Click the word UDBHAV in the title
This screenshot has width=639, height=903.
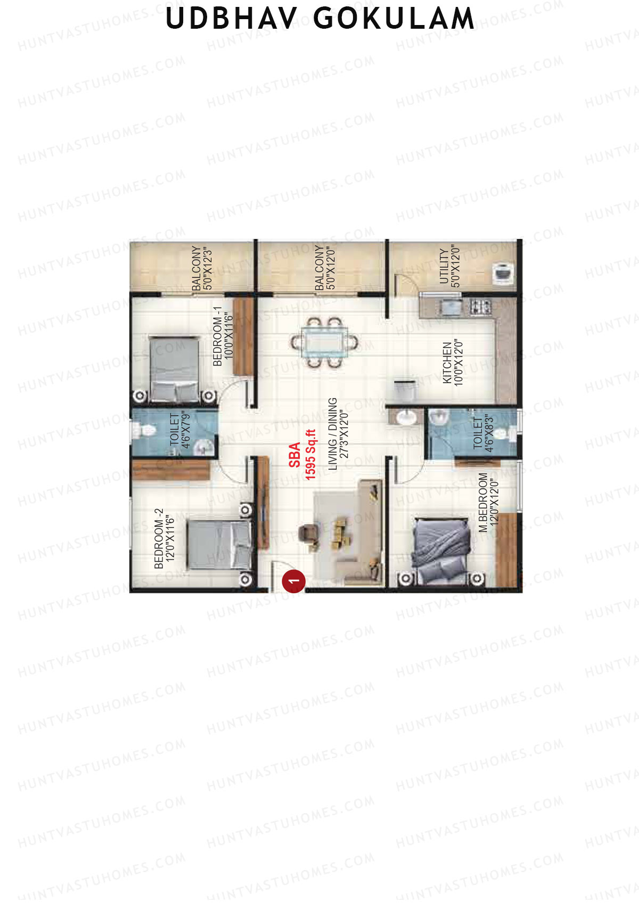tap(232, 18)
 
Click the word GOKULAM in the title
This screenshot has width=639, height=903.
tap(394, 18)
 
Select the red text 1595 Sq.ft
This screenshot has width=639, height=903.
tap(310, 454)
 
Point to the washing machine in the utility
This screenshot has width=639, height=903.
tap(503, 273)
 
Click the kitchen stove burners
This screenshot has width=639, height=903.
tap(480, 307)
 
